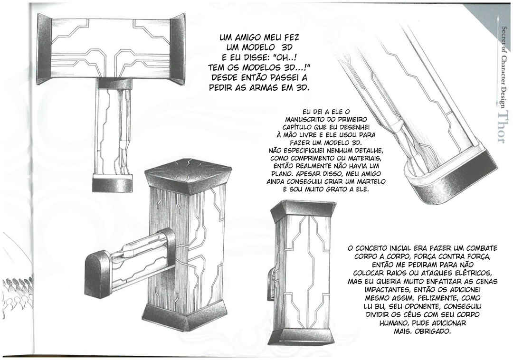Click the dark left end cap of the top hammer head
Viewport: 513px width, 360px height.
coord(45,49)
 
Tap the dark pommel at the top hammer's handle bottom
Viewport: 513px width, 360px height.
coord(113,183)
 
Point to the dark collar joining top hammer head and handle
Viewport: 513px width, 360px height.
coord(115,84)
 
